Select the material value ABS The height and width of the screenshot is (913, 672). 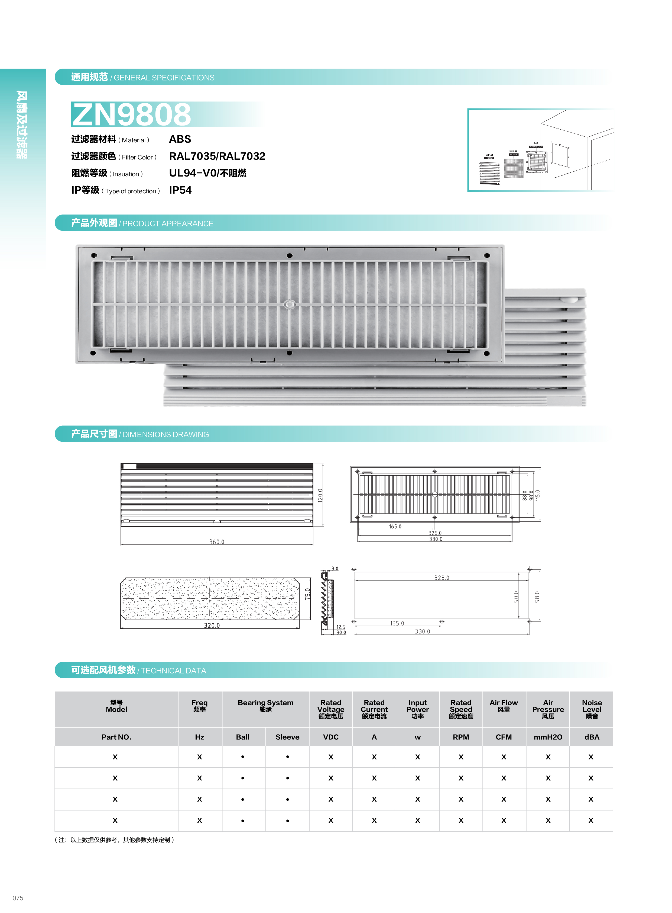pyautogui.click(x=180, y=139)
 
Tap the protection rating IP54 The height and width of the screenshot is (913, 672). pyautogui.click(x=180, y=190)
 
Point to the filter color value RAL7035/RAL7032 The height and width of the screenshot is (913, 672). pyautogui.click(x=217, y=156)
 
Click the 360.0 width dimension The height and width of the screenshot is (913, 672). pyautogui.click(x=217, y=542)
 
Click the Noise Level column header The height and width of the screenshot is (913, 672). pyautogui.click(x=592, y=709)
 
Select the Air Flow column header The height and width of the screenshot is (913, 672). pyautogui.click(x=504, y=706)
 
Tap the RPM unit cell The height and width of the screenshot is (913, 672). pyautogui.click(x=461, y=737)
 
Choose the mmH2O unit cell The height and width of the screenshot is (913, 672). pyautogui.click(x=548, y=737)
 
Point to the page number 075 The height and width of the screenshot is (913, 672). pyautogui.click(x=18, y=898)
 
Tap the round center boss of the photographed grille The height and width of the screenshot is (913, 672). pyautogui.click(x=289, y=304)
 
